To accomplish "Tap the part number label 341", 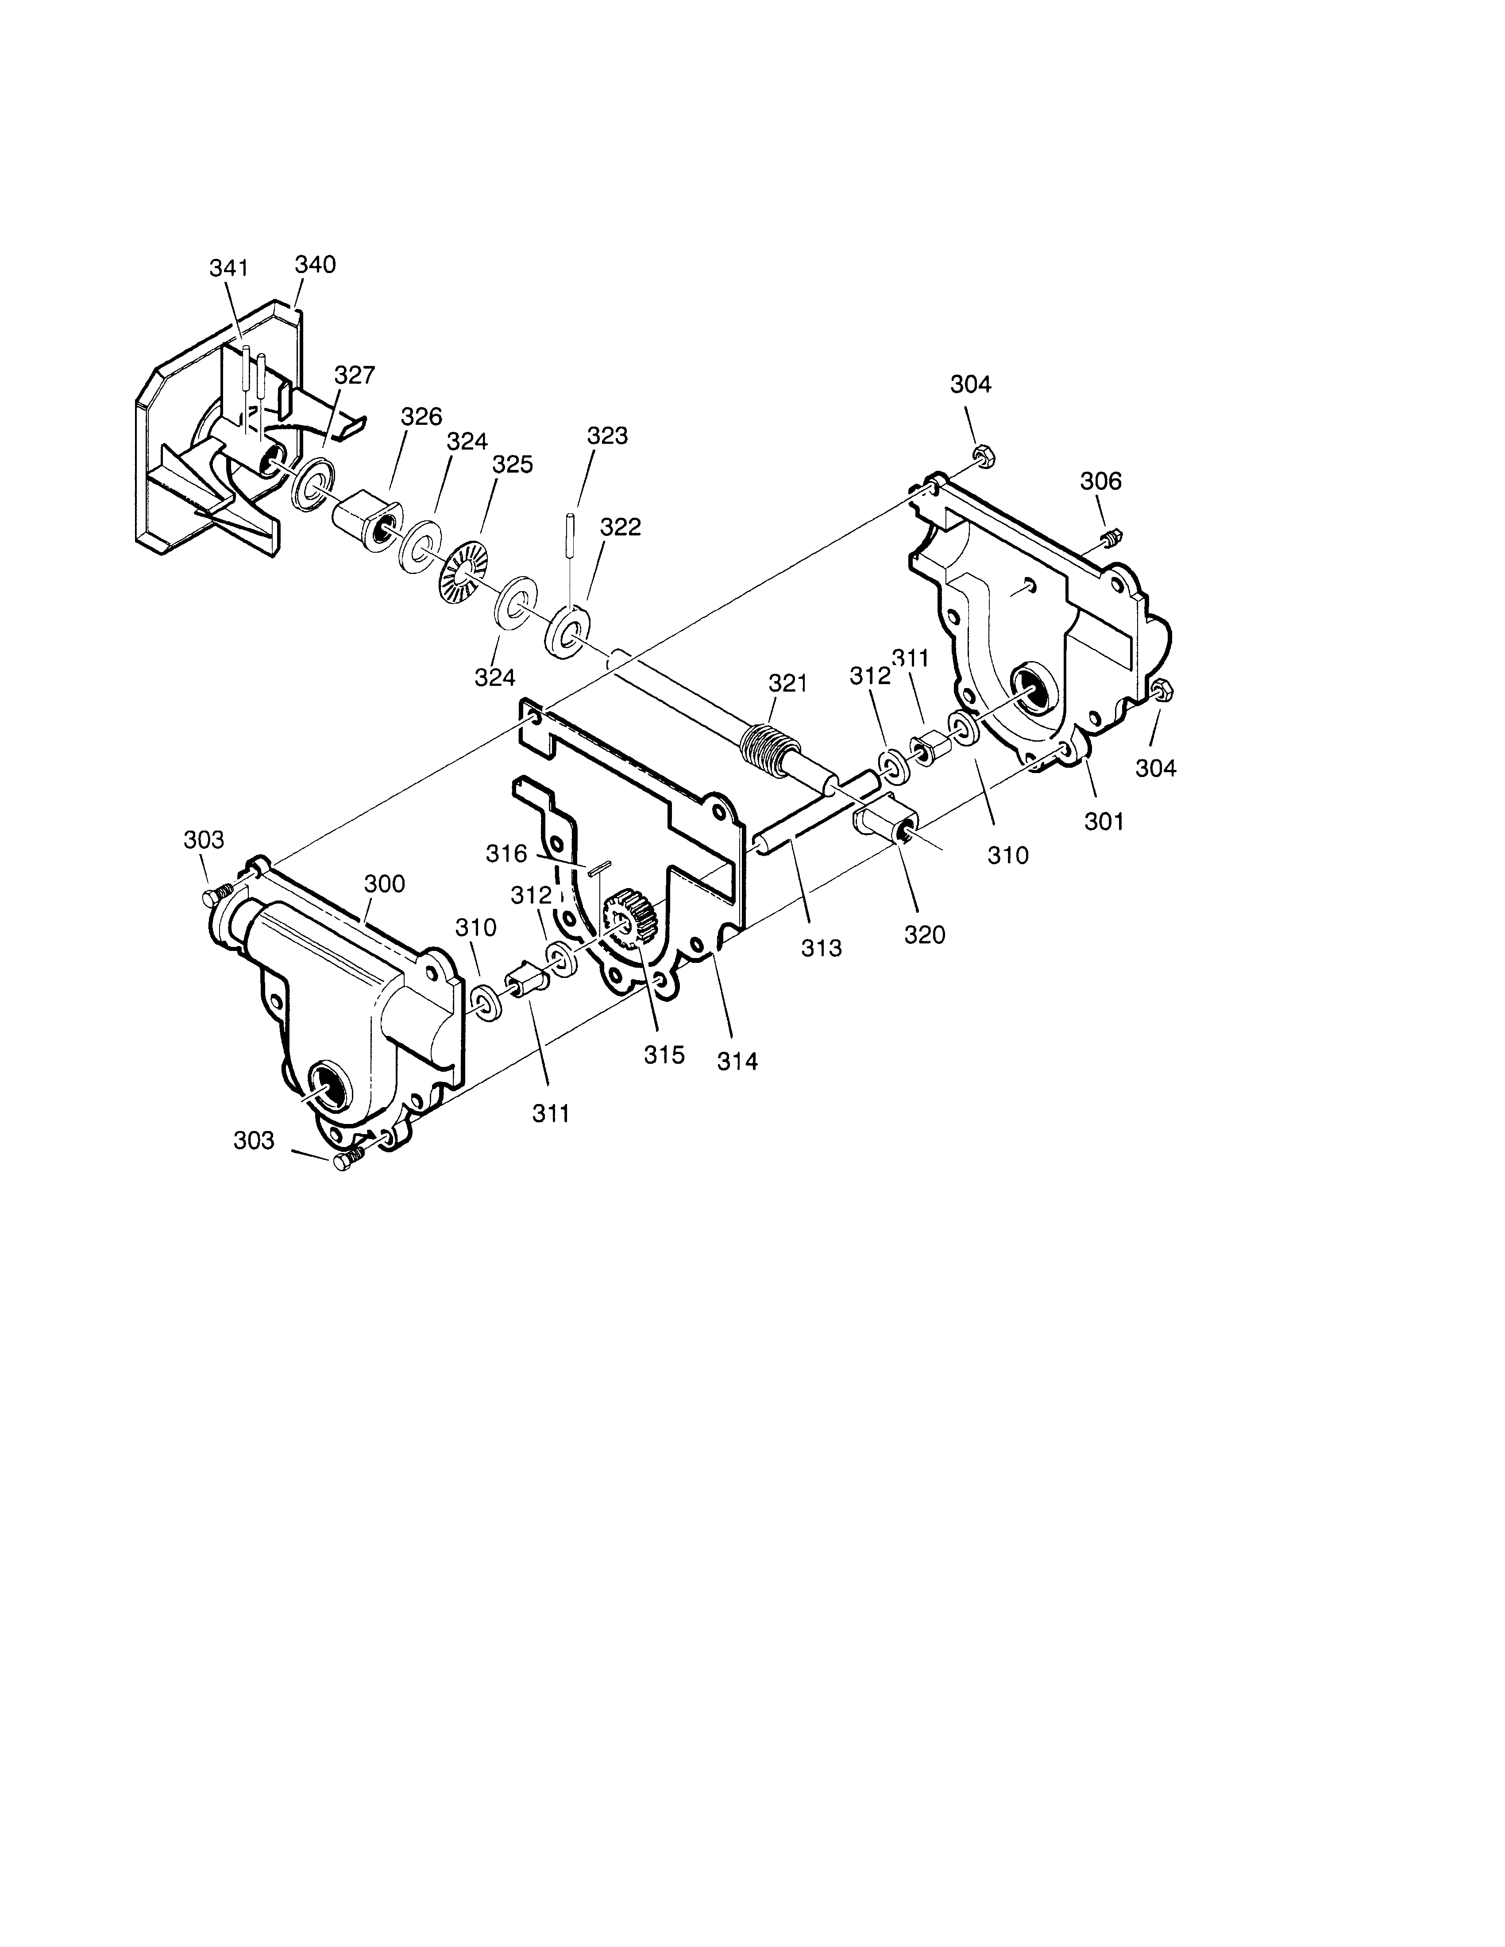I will [x=229, y=267].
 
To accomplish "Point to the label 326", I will [x=421, y=416].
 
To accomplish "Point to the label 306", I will [x=1101, y=481].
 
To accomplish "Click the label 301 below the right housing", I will [x=1104, y=821].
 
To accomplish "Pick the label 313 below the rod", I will [x=820, y=949].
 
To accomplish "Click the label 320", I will [x=925, y=935].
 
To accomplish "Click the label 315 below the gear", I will [x=664, y=1054].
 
